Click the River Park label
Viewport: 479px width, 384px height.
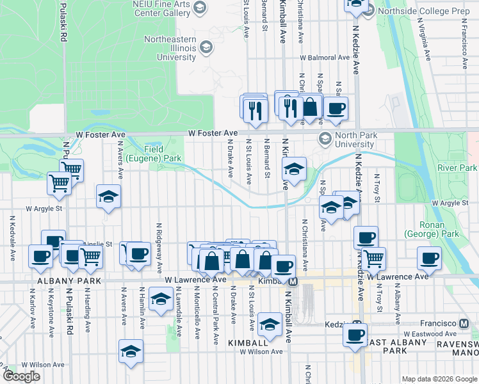(457, 168)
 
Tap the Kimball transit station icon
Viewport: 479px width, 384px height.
(293, 281)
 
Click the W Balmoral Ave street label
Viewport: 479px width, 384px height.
(325, 58)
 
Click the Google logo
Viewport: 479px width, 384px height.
(21, 377)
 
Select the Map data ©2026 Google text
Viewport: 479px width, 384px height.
(439, 379)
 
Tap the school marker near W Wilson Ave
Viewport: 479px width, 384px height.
(131, 351)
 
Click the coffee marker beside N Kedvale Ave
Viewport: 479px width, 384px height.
(40, 257)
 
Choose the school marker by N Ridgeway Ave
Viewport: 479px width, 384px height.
(161, 298)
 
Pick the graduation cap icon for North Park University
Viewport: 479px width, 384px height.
(325, 139)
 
